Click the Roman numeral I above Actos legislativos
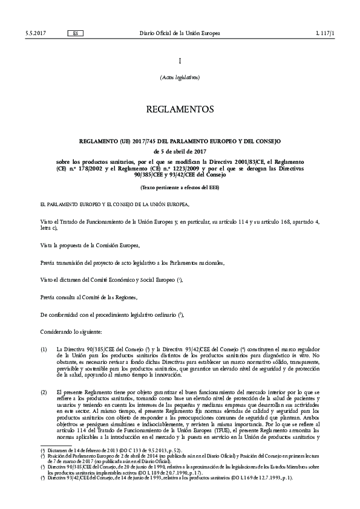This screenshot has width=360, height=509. [180, 61]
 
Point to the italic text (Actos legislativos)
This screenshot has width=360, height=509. [180, 78]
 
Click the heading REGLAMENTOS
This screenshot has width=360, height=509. [180, 110]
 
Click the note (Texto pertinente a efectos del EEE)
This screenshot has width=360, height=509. [180, 188]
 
